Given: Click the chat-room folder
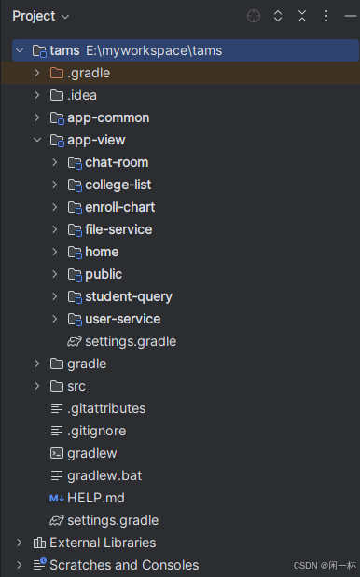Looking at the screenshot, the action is pos(116,162).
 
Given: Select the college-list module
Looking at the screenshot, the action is pos(118,185).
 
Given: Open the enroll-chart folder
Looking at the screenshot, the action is pos(119,207).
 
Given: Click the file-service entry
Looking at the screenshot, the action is pos(118,229).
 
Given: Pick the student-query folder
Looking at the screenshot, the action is pos(128,296).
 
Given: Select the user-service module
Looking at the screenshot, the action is pos(122,319).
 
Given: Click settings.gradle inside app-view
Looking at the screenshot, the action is pos(130,341).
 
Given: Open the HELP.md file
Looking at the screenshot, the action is pos(95,498).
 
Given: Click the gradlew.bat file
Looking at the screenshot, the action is pos(104,475).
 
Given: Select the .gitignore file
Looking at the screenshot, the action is pos(96,431).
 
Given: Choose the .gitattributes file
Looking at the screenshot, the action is pos(106,408).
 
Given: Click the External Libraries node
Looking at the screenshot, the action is pos(103,543).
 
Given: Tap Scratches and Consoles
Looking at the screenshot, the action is pos(123,565).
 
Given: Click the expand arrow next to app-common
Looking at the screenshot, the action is pos(36,117).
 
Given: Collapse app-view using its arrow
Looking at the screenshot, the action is pos(36,140).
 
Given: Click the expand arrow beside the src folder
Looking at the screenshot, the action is pos(36,386).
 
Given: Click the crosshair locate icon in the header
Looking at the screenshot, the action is pos(254,16).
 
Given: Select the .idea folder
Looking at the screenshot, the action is pos(81,95).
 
